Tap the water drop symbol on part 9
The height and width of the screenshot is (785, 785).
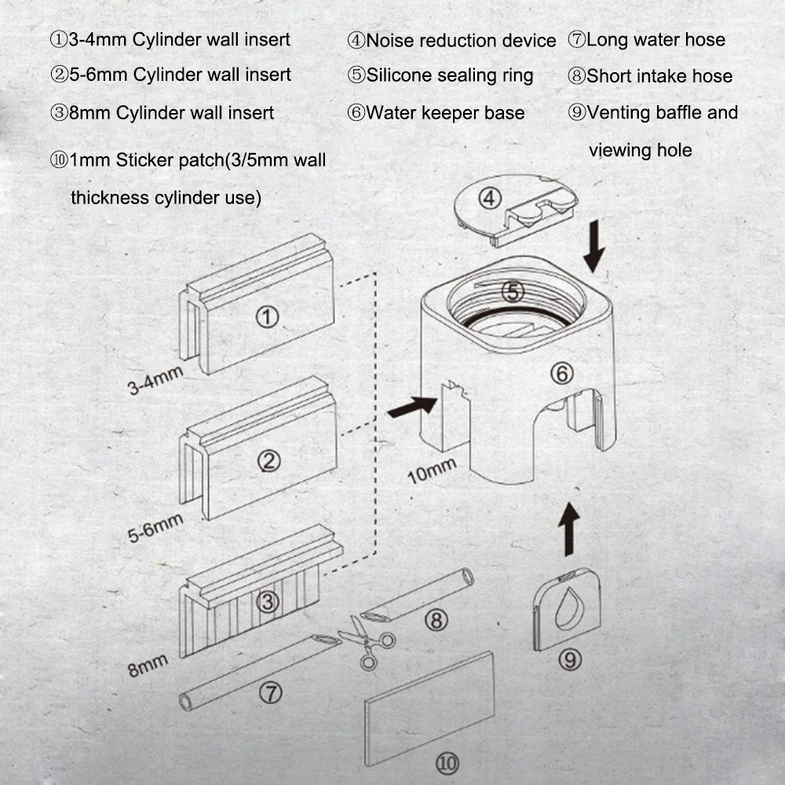tap(570, 608)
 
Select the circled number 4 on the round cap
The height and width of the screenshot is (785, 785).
tap(490, 199)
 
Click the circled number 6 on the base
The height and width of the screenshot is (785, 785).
tap(562, 374)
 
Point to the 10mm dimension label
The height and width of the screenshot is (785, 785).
tap(432, 471)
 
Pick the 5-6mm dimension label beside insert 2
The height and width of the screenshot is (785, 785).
tap(155, 528)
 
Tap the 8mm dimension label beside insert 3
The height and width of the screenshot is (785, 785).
tap(148, 666)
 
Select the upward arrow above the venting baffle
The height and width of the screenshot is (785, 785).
tap(568, 529)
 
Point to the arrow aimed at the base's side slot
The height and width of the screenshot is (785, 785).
tap(412, 406)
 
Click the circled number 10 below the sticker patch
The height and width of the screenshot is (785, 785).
tap(447, 764)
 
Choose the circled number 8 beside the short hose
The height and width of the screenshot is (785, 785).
tap(436, 621)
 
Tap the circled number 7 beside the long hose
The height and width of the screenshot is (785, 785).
tap(270, 693)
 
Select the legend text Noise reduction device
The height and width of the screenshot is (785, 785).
tap(461, 41)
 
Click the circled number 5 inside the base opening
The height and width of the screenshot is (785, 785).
tap(513, 292)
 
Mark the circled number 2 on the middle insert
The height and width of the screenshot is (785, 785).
tap(268, 461)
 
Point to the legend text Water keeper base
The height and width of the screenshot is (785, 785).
tap(445, 113)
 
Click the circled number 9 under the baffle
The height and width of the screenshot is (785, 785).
tap(570, 660)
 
